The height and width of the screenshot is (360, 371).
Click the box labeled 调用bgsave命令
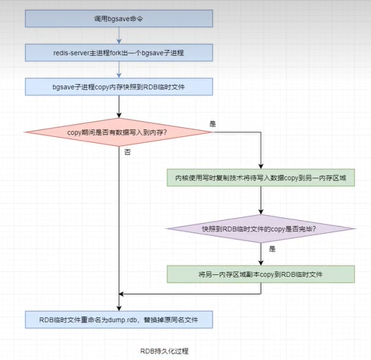[119, 19]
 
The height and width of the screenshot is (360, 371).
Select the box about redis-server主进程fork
[119, 53]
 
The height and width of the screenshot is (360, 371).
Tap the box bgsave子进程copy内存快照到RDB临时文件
[119, 87]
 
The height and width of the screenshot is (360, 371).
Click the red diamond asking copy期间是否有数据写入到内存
[118, 132]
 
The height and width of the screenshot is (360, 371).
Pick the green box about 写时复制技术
[261, 178]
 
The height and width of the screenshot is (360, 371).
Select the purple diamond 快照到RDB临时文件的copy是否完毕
[261, 228]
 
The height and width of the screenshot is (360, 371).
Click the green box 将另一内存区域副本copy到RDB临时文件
[261, 274]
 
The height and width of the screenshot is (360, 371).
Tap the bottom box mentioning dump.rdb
[119, 319]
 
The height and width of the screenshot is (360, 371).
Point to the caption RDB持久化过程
[164, 351]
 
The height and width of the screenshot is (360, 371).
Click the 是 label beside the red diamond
[213, 124]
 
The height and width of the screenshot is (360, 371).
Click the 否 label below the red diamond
[128, 152]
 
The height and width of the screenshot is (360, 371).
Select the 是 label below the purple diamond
[272, 249]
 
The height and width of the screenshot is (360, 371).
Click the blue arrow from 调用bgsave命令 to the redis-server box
[119, 36]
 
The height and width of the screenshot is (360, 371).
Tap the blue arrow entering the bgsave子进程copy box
[119, 70]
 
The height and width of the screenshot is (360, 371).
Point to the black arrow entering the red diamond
[119, 107]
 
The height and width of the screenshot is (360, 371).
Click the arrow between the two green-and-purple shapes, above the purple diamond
[261, 200]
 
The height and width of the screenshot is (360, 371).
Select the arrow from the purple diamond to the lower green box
[261, 254]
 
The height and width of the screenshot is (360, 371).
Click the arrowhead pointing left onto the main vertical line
[121, 294]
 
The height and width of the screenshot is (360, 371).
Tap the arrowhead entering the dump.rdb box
[119, 309]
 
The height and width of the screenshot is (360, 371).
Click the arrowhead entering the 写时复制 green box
[261, 166]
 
